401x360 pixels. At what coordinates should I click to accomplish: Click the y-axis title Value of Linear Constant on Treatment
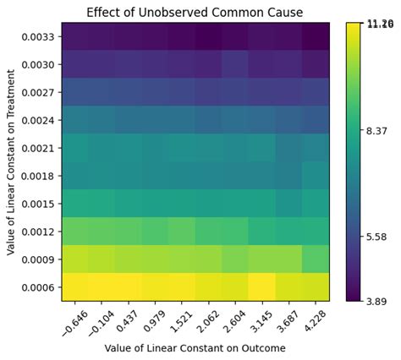point(11,161)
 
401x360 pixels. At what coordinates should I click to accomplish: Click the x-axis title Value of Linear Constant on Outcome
point(195,347)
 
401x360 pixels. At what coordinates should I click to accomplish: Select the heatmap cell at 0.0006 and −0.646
point(74,287)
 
